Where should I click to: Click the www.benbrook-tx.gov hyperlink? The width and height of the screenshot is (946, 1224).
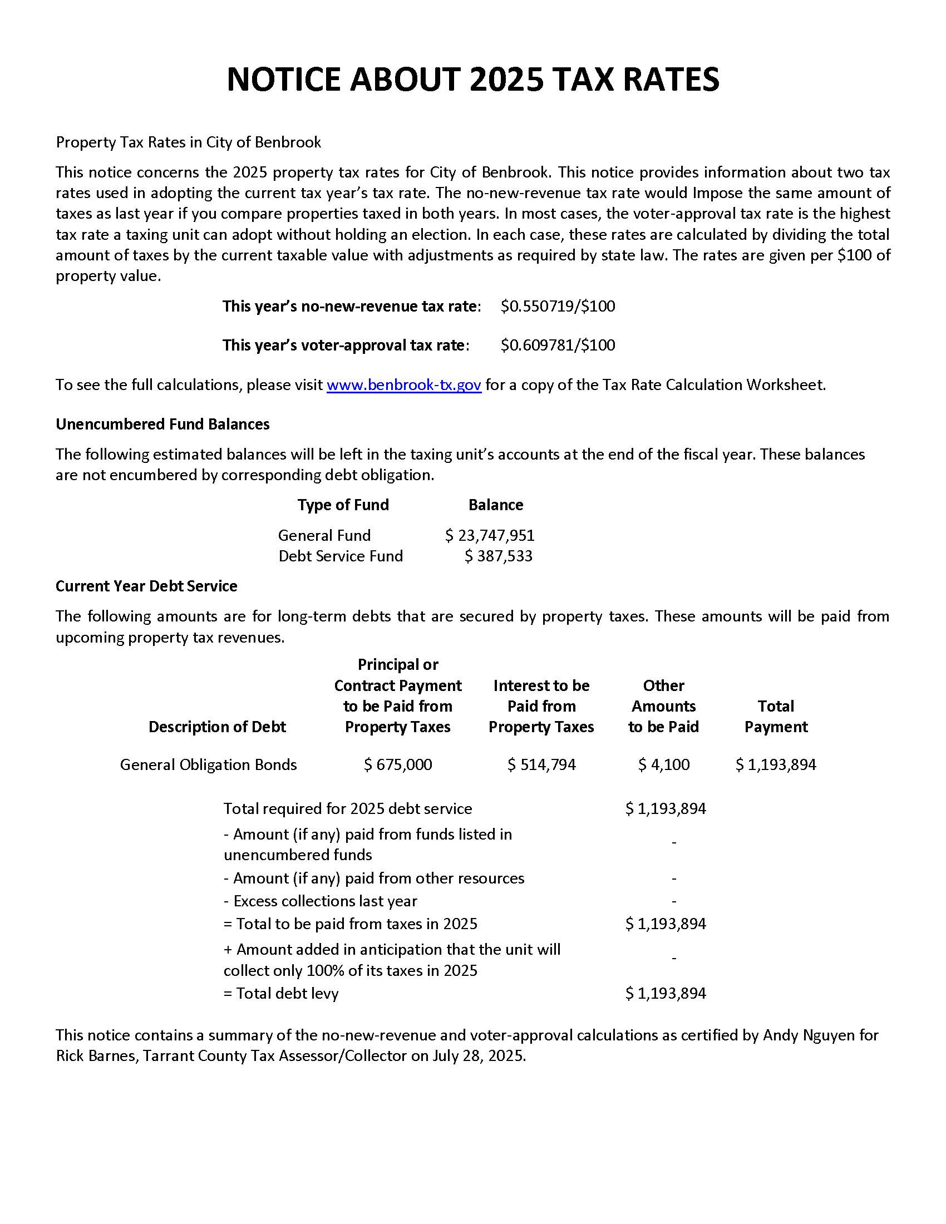pyautogui.click(x=403, y=385)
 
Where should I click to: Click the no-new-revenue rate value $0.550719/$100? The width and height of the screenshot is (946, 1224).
pyautogui.click(x=558, y=307)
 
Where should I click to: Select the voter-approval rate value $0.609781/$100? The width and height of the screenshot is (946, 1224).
pyautogui.click(x=558, y=346)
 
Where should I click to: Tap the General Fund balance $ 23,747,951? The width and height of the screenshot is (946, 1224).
pyautogui.click(x=490, y=535)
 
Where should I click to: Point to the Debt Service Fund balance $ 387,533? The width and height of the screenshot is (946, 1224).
pyautogui.click(x=498, y=556)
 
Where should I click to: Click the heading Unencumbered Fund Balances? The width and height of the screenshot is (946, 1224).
pyautogui.click(x=162, y=425)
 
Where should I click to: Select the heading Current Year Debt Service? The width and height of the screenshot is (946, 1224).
pyautogui.click(x=146, y=586)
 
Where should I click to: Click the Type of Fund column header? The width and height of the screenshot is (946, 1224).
pyautogui.click(x=343, y=505)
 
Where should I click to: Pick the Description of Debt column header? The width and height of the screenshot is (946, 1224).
pyautogui.click(x=217, y=727)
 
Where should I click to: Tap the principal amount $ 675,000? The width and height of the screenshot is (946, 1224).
pyautogui.click(x=398, y=765)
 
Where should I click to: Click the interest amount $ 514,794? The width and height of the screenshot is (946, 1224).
pyautogui.click(x=541, y=765)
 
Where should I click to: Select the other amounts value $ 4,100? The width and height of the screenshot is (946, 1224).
pyautogui.click(x=663, y=765)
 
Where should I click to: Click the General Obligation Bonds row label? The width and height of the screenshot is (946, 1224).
pyautogui.click(x=208, y=765)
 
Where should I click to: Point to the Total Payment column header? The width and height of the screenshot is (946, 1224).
pyautogui.click(x=776, y=717)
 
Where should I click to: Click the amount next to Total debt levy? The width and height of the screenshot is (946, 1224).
pyautogui.click(x=665, y=994)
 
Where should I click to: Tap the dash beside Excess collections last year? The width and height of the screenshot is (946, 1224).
pyautogui.click(x=674, y=901)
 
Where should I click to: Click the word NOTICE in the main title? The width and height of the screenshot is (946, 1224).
pyautogui.click(x=284, y=80)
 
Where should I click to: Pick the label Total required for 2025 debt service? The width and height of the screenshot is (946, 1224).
pyautogui.click(x=347, y=809)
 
